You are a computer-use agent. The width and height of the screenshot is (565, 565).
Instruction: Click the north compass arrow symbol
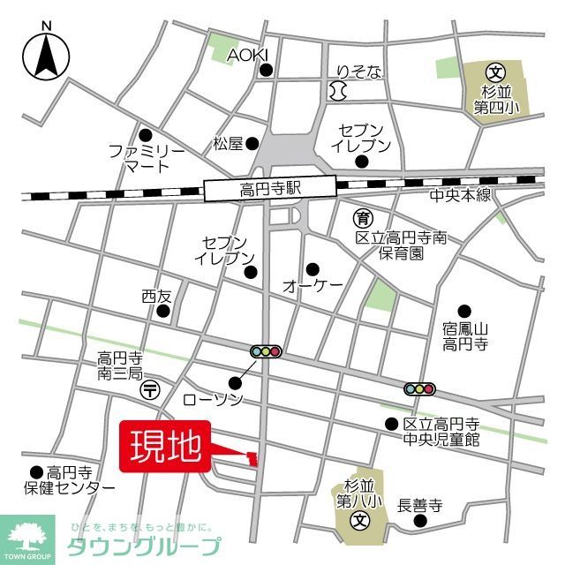click(46, 55)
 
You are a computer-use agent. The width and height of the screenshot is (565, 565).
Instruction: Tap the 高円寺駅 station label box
click(270, 187)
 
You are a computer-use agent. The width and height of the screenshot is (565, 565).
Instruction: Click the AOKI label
click(246, 55)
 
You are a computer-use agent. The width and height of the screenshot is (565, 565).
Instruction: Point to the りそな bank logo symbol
click(335, 89)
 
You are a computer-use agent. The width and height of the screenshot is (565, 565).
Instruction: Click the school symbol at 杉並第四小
click(497, 72)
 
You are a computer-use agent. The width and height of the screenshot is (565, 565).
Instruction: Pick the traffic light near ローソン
click(266, 351)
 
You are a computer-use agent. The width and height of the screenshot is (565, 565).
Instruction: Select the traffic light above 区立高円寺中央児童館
click(419, 388)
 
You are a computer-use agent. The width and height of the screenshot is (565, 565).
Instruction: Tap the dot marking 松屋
click(252, 143)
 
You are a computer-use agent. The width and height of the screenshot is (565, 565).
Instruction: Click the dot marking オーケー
click(313, 268)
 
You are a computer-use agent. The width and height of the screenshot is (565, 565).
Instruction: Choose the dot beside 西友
click(162, 311)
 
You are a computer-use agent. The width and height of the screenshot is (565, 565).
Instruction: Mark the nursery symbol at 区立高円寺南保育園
click(362, 217)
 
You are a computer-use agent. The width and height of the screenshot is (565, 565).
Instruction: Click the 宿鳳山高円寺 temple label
click(465, 335)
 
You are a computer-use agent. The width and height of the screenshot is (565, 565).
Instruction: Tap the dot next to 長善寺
click(420, 521)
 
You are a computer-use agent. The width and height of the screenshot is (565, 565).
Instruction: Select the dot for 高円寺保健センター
click(36, 472)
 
